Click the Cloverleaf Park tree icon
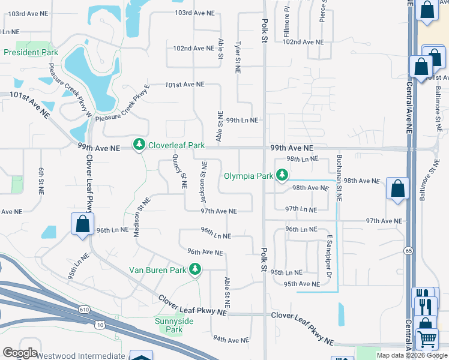[x=139, y=145]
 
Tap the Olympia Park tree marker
[x=282, y=176]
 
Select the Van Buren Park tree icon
[x=194, y=269]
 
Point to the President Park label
[x=31, y=52]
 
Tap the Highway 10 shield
[x=100, y=325]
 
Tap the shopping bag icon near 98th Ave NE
[x=397, y=188]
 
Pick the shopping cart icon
[x=427, y=338]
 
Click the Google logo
[x=20, y=353]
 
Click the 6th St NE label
[x=41, y=181]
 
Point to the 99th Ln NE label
[x=242, y=120]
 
